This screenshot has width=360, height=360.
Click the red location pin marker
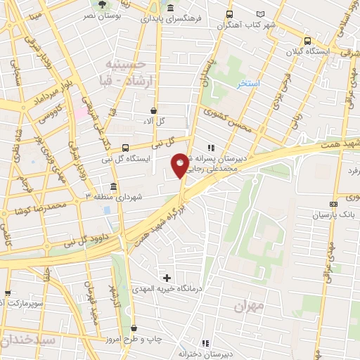[180, 165]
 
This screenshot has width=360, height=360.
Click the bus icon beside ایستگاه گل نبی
[124, 148]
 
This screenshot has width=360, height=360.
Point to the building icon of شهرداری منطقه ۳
[112, 186]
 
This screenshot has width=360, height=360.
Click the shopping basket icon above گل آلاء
[153, 110]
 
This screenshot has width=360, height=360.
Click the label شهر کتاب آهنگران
[244, 25]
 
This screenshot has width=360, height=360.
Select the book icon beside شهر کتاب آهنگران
[281, 14]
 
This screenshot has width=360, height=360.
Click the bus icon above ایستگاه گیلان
[307, 41]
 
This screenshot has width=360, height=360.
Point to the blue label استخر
[248, 83]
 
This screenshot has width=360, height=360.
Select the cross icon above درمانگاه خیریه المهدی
[167, 278]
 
